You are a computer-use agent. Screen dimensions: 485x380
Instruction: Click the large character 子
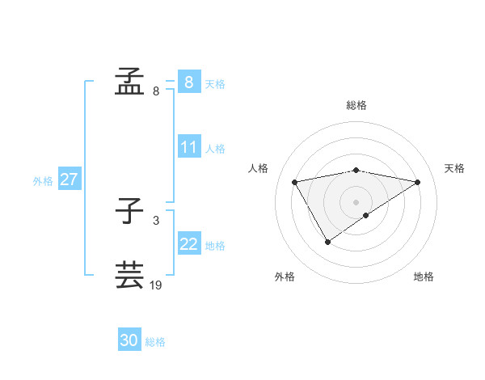[129, 211]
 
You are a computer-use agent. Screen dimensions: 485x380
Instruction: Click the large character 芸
[129, 275]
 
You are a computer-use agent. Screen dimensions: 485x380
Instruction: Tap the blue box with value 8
[189, 82]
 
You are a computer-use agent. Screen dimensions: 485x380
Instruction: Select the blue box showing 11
[189, 147]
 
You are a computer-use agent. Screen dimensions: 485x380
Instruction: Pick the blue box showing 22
[189, 244]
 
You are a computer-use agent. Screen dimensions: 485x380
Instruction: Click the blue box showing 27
[69, 179]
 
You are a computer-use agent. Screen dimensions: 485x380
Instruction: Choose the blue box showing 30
[129, 340]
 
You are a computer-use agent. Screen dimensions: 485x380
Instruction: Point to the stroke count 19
[156, 285]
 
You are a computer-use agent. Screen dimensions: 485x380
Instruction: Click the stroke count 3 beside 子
[155, 220]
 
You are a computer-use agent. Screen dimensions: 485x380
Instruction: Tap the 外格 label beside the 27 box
[43, 181]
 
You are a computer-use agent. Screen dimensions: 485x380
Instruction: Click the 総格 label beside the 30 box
[155, 342]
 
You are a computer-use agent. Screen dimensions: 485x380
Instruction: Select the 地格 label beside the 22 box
[215, 246]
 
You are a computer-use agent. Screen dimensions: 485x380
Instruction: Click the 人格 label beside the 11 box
[215, 149]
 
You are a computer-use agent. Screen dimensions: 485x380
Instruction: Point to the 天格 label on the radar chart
[455, 168]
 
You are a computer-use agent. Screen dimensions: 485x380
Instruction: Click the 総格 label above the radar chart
[356, 105]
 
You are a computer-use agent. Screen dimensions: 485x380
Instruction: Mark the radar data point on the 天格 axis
[417, 182]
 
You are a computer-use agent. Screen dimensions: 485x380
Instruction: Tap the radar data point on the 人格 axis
[295, 182]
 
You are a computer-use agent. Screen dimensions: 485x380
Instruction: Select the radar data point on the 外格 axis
[327, 241]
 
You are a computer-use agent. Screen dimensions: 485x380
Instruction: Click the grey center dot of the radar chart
[356, 201]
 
